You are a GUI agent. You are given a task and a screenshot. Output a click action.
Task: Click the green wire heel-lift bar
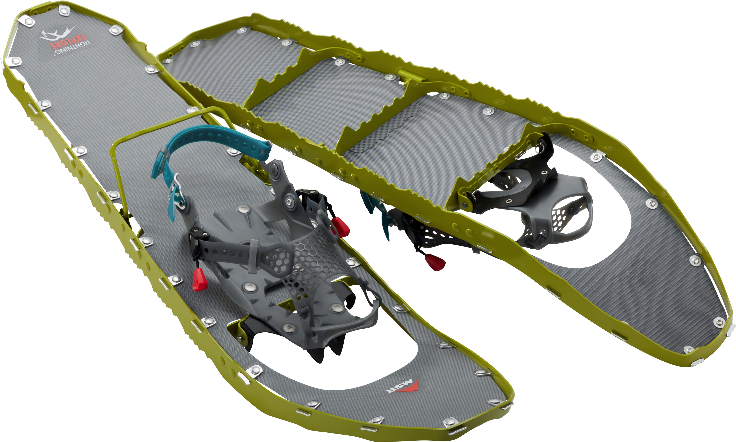click(167, 125)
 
